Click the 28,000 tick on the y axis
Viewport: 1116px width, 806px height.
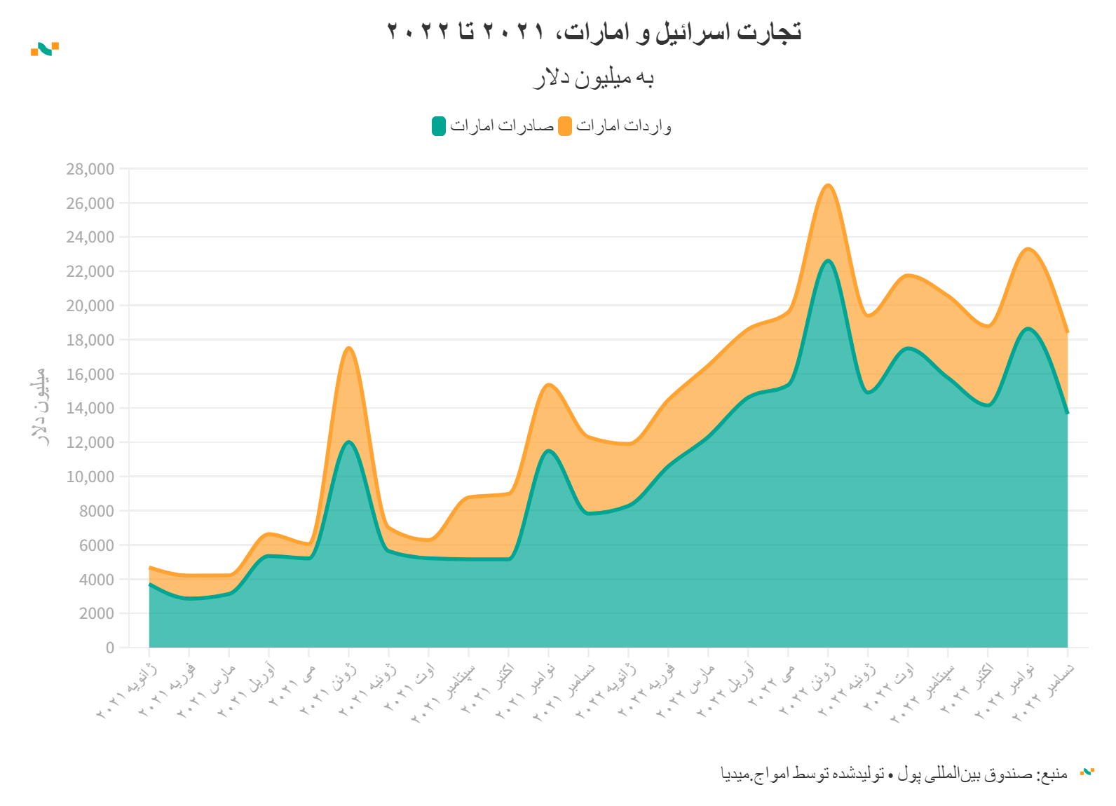pyautogui.click(x=90, y=169)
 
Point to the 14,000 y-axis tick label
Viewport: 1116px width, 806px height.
pyautogui.click(x=90, y=409)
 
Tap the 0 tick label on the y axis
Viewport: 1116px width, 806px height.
pyautogui.click(x=110, y=648)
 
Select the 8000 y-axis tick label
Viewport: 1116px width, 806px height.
pyautogui.click(x=96, y=511)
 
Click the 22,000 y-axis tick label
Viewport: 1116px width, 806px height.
pyautogui.click(x=90, y=272)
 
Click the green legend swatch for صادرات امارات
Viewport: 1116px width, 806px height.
pyautogui.click(x=439, y=126)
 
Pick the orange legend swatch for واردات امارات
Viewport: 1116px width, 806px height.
pyautogui.click(x=565, y=126)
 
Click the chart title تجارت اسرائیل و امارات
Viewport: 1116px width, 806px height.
pyautogui.click(x=594, y=32)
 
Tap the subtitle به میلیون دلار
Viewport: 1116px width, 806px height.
pyautogui.click(x=594, y=78)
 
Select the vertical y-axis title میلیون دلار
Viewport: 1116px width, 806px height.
pyautogui.click(x=40, y=407)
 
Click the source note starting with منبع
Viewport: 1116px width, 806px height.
pyautogui.click(x=894, y=774)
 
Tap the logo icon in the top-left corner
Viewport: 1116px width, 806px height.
pyautogui.click(x=45, y=48)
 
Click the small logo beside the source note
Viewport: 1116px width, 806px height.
pyautogui.click(x=1087, y=772)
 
